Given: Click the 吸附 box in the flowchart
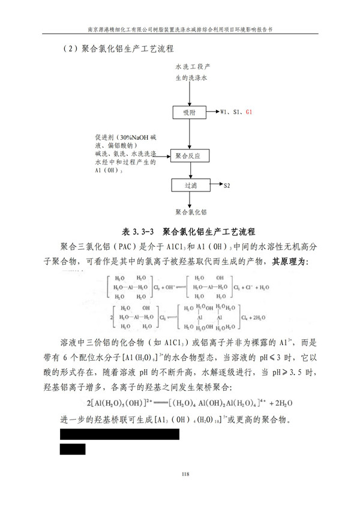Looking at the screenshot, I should [x=189, y=112].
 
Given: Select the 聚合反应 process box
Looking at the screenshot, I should [x=189, y=155].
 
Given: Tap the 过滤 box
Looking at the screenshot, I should [x=189, y=185].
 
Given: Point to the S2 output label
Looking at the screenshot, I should [x=227, y=186].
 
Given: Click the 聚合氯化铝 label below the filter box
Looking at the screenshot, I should [x=191, y=212].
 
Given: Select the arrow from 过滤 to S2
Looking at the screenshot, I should [x=214, y=185].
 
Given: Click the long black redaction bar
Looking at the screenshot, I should [x=120, y=433].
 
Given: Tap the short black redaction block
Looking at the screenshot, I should [x=73, y=449].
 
